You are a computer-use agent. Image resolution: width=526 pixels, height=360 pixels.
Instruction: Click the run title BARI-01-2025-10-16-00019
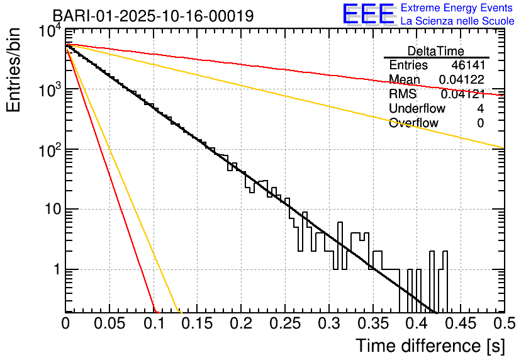(x=153, y=16)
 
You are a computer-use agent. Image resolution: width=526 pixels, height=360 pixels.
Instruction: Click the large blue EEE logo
(x=368, y=14)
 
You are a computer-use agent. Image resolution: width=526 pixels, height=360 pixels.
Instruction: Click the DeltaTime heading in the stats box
(x=436, y=51)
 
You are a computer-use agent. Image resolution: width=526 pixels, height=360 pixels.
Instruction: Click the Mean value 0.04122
(x=461, y=80)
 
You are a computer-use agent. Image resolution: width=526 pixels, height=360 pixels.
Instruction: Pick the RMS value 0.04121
(x=462, y=94)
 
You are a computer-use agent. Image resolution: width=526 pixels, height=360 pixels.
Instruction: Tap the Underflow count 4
(x=480, y=109)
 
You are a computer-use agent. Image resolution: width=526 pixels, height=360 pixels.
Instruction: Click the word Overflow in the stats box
(x=413, y=123)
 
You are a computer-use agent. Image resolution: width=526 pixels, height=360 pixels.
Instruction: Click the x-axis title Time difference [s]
(x=430, y=346)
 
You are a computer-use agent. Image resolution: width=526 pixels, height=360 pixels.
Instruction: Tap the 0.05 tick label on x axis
(x=109, y=323)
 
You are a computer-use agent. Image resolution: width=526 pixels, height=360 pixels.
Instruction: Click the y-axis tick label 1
(x=56, y=270)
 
